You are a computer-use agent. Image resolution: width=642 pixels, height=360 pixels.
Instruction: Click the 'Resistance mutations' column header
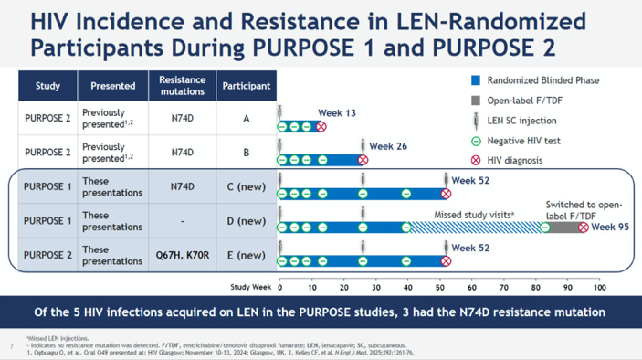point(183,86)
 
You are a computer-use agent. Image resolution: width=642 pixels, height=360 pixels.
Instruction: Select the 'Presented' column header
point(113,87)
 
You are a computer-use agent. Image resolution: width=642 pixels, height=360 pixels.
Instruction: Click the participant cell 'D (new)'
point(245,221)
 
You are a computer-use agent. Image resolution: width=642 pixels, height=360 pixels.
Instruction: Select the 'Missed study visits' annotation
point(466,215)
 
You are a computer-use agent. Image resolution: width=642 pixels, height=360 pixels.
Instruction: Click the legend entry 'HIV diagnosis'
point(516,160)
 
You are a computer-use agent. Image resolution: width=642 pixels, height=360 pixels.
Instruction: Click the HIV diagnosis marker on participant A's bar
point(321,126)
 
